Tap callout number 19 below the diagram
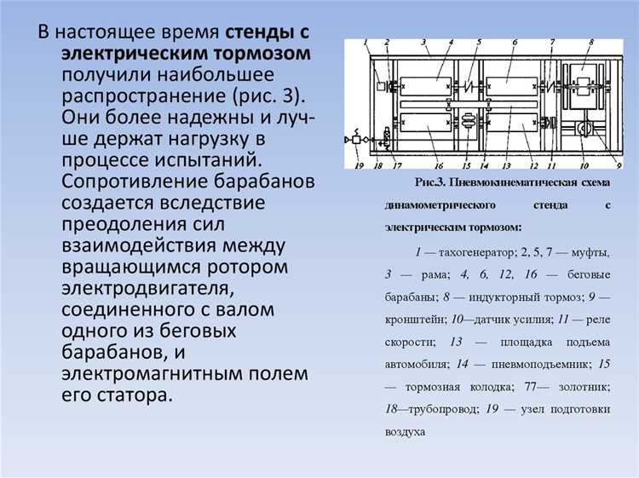(x=359, y=166)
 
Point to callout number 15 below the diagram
(x=466, y=166)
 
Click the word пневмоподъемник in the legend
(x=526, y=364)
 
